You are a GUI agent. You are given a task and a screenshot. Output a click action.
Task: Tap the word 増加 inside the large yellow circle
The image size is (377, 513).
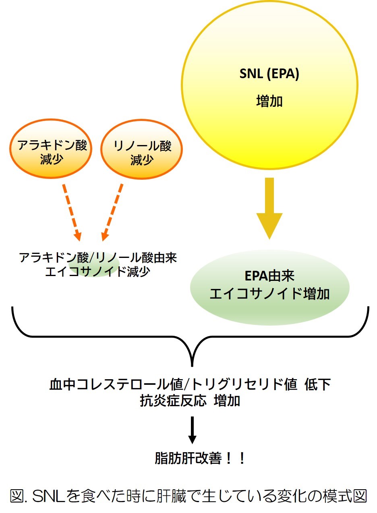pos(269,101)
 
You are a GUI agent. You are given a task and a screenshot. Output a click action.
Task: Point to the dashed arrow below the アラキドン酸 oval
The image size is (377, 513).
pos(71,212)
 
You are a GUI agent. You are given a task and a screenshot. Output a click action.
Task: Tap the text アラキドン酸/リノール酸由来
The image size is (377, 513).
pos(98,258)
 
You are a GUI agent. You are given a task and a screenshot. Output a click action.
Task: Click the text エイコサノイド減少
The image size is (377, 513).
pos(98,271)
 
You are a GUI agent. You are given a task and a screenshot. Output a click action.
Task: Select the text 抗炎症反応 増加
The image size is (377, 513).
pos(190,401)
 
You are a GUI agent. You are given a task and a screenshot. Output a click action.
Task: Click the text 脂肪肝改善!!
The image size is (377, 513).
pos(200,459)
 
